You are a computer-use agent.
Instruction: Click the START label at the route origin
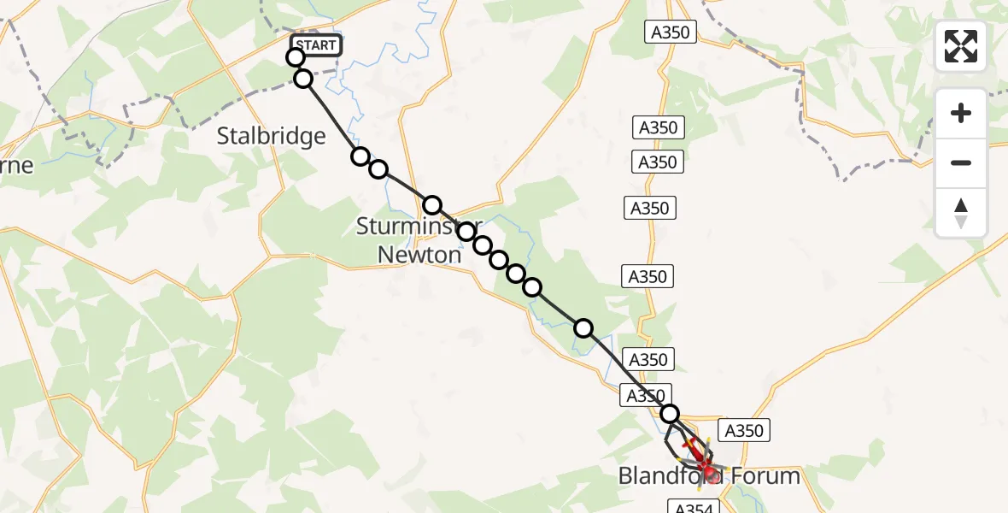point(317,45)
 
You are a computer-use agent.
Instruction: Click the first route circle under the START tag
point(296,57)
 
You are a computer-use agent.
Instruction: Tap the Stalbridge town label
point(271,136)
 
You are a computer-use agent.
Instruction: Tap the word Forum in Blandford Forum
point(763,476)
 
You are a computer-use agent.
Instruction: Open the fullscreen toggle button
point(961,46)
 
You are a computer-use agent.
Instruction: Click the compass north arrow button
point(961,213)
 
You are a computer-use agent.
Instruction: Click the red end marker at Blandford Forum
point(711,469)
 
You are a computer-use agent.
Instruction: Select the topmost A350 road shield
point(671,32)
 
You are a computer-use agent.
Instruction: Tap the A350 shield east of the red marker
point(743,430)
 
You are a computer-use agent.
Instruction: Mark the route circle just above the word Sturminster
point(432,205)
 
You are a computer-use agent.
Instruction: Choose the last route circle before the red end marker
point(670,414)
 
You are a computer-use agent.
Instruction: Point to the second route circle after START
point(303,80)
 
